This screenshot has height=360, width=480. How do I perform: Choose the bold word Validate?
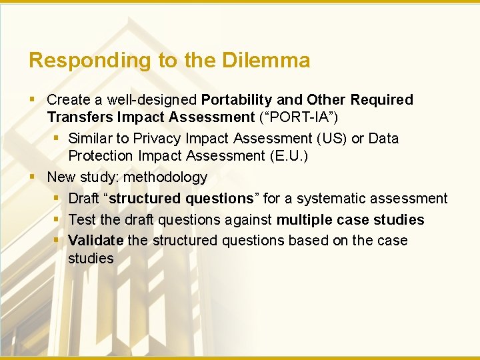coord(96,241)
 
